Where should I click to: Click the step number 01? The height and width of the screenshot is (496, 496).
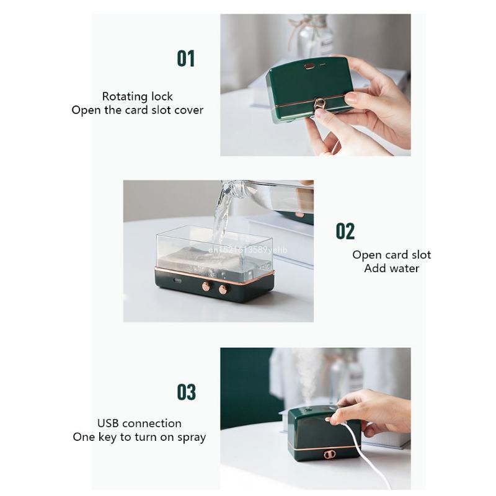[185, 58]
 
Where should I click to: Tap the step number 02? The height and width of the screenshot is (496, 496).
[345, 231]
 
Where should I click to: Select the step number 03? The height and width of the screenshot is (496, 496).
[187, 392]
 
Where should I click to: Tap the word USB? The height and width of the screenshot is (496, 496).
[107, 423]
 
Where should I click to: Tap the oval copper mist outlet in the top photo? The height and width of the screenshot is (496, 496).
[309, 66]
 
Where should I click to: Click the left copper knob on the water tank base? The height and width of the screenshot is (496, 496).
[206, 286]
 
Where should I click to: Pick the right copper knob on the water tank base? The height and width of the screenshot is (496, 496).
[223, 289]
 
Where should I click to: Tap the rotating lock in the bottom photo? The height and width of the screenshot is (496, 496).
[329, 454]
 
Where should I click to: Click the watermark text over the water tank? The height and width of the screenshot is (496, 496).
[248, 250]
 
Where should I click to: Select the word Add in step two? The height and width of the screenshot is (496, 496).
[372, 268]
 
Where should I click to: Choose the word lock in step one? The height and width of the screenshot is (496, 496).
[162, 97]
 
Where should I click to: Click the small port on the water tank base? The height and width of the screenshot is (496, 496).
[177, 281]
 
